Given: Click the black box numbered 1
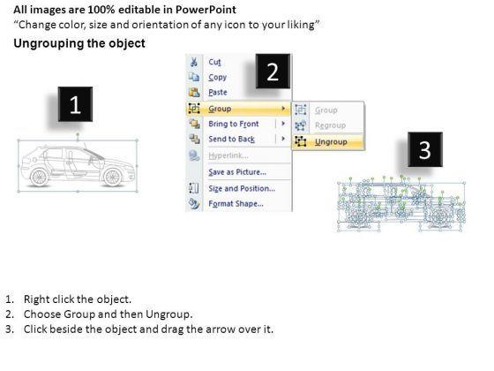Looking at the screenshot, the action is (75, 104).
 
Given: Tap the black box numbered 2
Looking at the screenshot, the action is (273, 71).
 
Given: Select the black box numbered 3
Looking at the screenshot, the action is (425, 149).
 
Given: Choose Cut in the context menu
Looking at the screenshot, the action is (215, 62).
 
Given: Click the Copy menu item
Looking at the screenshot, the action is (217, 78).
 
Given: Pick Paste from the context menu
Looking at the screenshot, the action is (218, 92).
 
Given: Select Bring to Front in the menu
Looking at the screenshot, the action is (234, 124).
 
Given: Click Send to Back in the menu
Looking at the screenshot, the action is (231, 139).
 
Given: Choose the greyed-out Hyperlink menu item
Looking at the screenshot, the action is (228, 155).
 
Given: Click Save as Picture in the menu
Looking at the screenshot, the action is (237, 172).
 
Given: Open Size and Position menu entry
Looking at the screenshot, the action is (242, 188).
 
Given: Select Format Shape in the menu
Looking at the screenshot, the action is (236, 203).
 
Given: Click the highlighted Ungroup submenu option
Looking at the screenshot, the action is (331, 142).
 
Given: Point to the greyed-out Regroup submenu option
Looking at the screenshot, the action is (330, 125).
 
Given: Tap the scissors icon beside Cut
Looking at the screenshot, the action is (194, 62).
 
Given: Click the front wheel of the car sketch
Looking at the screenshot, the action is (113, 177).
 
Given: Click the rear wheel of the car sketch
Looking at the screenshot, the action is (40, 177).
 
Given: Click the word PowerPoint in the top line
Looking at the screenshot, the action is (206, 10).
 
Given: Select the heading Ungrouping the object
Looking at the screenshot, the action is (79, 43).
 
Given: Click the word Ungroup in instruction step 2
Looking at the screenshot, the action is (168, 314).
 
